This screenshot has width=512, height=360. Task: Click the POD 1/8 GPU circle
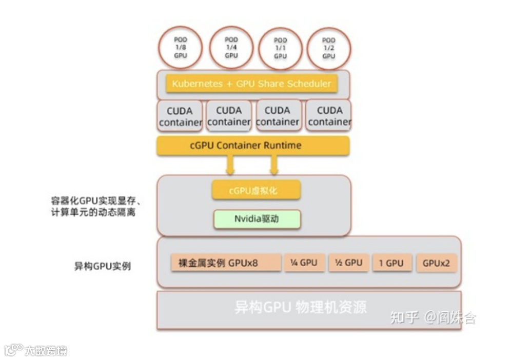coord(181,47)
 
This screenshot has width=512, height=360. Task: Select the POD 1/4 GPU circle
coord(231,47)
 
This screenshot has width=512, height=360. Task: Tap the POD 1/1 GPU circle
coord(280,48)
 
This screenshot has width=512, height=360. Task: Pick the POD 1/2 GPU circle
coord(328,48)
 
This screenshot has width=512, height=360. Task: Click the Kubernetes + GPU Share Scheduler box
coord(251,84)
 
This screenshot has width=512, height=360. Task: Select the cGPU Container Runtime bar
coord(253,146)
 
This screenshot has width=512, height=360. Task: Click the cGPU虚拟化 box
coord(256,190)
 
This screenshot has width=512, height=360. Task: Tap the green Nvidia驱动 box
coord(257,219)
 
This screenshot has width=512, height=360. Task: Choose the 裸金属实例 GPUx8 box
coord(226,263)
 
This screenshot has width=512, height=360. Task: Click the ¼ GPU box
coord(304,263)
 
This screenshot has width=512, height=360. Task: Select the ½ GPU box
coord(348,263)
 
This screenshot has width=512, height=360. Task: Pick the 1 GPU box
coord(391,263)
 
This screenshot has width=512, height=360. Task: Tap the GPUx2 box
coord(436,263)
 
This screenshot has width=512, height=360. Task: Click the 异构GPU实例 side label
coord(103,267)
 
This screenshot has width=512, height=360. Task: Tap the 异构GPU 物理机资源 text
coord(301,307)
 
